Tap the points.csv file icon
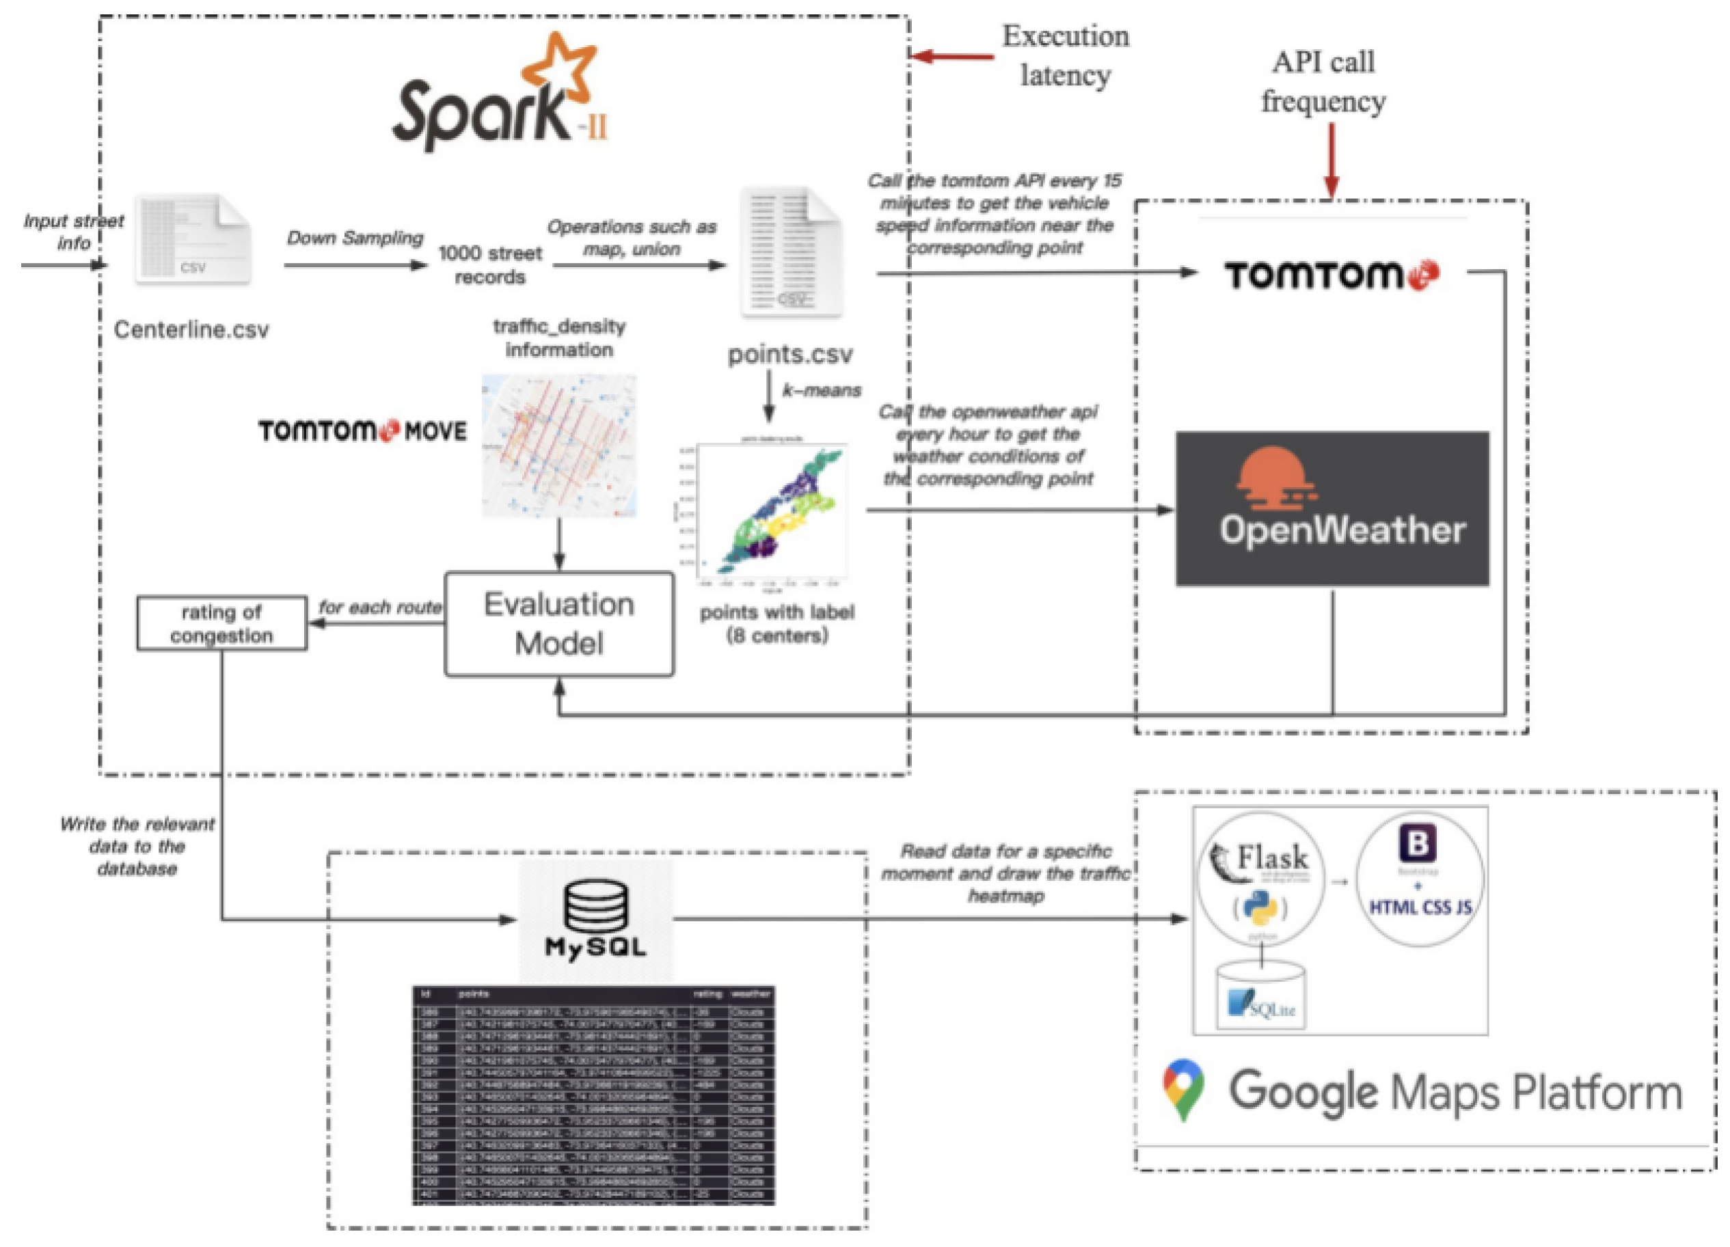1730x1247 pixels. [x=792, y=252]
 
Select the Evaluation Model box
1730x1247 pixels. [x=559, y=624]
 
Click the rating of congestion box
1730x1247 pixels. [x=222, y=624]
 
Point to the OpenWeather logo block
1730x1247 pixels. [x=1332, y=509]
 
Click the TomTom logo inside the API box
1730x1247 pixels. [x=1331, y=275]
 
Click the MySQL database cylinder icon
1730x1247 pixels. [x=596, y=906]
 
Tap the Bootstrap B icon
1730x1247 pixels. [x=1417, y=844]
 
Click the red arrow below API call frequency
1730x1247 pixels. [x=1331, y=160]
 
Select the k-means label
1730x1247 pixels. [x=822, y=390]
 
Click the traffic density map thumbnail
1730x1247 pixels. [x=559, y=446]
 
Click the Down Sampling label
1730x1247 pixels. [x=355, y=238]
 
